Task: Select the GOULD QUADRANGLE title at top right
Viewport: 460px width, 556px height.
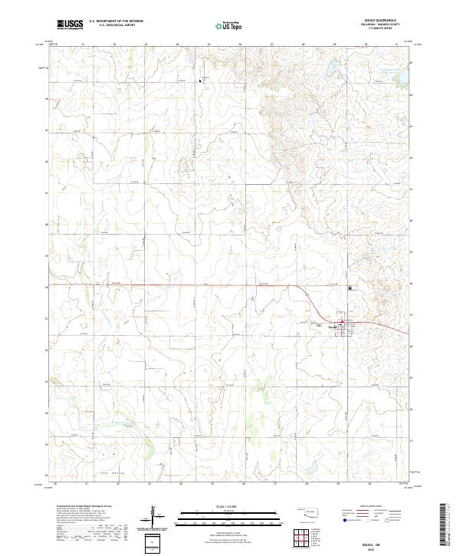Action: [x=386, y=20]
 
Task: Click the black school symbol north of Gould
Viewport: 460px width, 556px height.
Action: [x=350, y=288]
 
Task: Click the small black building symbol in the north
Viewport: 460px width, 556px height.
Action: [x=202, y=79]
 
